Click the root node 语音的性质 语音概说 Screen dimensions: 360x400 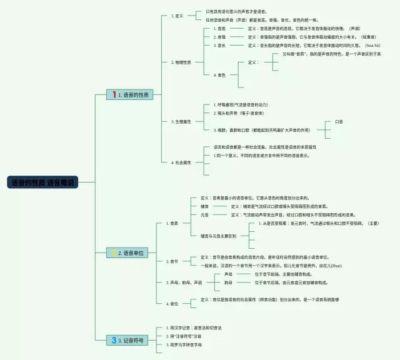click(42, 183)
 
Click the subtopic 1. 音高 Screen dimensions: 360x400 click(219, 29)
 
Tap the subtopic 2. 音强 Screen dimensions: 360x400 click(219, 37)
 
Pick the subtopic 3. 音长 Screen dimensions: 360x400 click(219, 46)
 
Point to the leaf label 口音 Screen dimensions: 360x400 click(339, 121)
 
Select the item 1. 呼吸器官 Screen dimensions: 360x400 click(241, 104)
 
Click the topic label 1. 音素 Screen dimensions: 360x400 click(173, 223)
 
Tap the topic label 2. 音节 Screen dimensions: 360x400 click(173, 261)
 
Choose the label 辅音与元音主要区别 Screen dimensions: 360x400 click(218, 236)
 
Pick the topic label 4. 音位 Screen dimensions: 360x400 click(173, 304)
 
